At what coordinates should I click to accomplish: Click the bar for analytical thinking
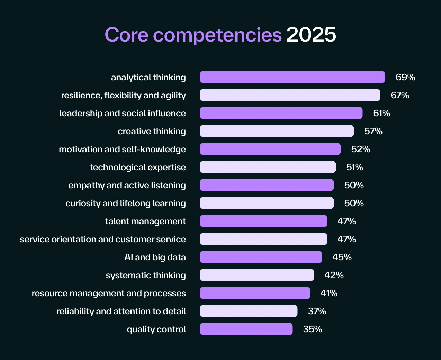292,77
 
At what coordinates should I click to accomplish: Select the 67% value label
400,95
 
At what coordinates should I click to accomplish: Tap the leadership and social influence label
123,113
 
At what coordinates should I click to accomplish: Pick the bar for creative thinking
277,131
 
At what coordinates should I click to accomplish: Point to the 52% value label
361,149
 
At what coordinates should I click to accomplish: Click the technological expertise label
138,167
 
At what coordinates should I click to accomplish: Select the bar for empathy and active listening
267,185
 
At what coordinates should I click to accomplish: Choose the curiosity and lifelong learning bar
267,203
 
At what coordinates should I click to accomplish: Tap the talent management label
145,221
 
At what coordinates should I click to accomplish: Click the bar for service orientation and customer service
263,239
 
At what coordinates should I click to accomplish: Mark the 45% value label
342,257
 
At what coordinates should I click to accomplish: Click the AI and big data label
155,257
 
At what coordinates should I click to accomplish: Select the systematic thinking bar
257,275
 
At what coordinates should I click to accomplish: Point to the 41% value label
329,293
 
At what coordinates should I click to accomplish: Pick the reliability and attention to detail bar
249,311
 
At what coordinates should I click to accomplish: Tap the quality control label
156,329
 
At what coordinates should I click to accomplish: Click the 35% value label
313,329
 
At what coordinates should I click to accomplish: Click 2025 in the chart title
311,35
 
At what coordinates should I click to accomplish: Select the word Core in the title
126,35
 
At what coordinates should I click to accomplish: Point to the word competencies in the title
217,35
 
